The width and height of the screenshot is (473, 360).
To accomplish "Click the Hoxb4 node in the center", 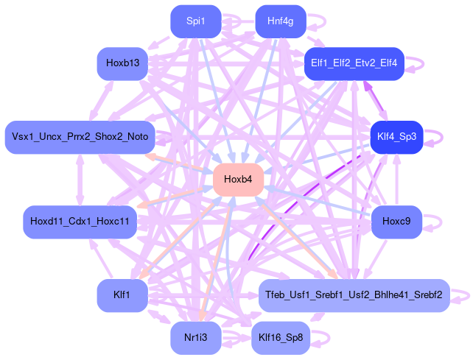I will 238,180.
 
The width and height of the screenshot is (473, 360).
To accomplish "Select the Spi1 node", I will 195,21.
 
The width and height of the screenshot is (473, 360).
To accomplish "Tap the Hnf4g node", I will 281,21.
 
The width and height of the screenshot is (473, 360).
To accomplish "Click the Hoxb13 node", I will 122,63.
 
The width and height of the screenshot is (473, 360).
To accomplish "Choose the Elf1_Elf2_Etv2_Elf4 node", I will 354,63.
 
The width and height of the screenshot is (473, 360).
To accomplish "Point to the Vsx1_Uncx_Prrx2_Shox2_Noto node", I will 80,137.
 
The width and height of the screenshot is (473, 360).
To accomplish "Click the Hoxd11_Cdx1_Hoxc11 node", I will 80,221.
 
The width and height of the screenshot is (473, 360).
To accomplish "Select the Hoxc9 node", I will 396,221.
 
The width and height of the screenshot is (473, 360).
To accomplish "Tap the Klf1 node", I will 122,295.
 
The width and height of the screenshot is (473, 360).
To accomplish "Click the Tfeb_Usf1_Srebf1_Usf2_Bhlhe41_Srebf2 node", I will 354,295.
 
